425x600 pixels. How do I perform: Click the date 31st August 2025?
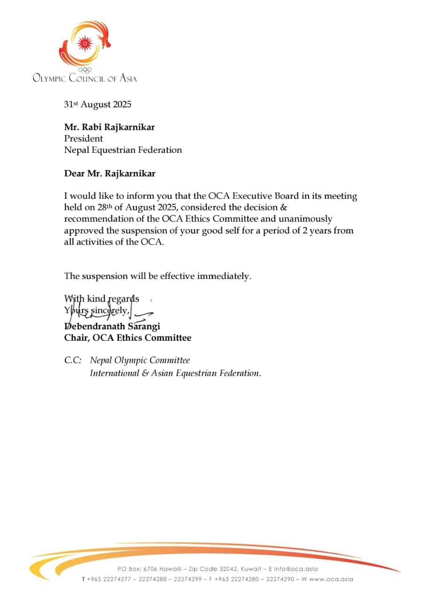[98, 105]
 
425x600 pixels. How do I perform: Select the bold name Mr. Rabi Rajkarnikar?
[109, 127]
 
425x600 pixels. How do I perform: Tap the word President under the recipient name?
[84, 139]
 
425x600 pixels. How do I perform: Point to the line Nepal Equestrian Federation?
[123, 150]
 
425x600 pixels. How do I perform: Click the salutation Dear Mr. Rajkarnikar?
[109, 173]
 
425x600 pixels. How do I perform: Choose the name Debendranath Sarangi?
[112, 326]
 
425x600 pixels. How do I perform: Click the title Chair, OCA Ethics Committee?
[127, 337]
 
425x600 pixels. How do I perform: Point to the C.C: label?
[73, 360]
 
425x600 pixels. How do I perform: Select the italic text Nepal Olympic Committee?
[140, 360]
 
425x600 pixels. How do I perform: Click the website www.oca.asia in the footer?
[331, 579]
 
